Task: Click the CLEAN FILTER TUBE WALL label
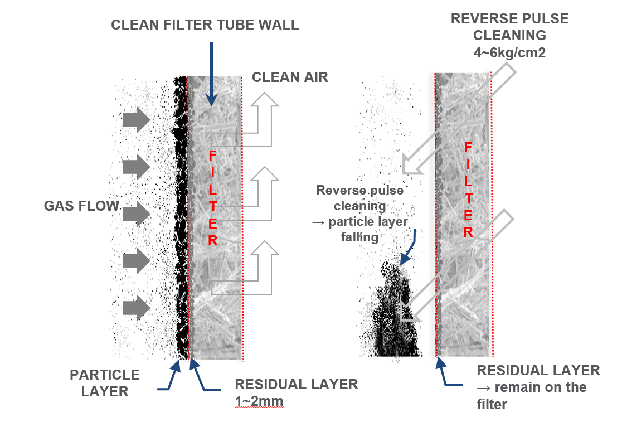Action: (205, 25)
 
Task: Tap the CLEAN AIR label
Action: (290, 77)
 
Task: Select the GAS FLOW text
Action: (81, 206)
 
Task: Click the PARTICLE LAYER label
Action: (104, 382)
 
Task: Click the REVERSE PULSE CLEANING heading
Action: (509, 27)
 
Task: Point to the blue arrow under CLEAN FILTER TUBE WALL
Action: (211, 72)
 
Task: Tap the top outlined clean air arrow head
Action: (266, 101)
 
